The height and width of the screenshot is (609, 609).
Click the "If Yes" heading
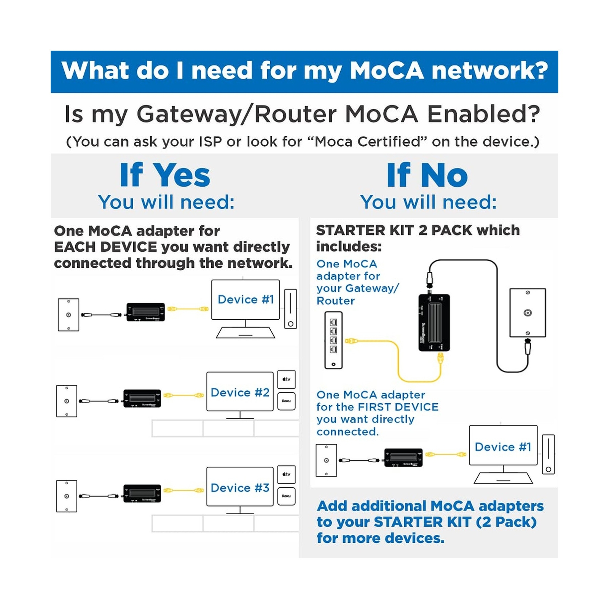click(x=165, y=175)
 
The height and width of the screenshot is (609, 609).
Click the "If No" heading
click(x=427, y=175)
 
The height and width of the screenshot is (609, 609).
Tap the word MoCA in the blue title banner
click(x=386, y=71)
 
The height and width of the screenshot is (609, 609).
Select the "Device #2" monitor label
click(x=240, y=392)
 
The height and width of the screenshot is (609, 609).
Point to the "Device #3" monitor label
click(x=240, y=488)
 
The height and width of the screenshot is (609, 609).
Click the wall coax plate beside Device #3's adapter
click(x=67, y=496)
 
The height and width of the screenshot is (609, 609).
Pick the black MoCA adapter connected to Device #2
click(x=142, y=399)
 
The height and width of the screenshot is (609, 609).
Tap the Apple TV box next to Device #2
click(x=286, y=379)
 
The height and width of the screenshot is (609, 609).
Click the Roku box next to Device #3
click(x=286, y=496)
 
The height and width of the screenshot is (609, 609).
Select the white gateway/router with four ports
click(x=333, y=340)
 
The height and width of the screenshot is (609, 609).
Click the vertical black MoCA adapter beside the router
click(x=434, y=322)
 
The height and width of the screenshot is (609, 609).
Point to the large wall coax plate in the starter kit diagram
click(x=528, y=313)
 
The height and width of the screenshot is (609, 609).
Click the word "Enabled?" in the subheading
click(x=483, y=114)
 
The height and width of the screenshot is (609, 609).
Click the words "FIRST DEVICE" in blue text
click(x=398, y=407)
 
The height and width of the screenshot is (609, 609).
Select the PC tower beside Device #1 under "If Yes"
click(x=290, y=309)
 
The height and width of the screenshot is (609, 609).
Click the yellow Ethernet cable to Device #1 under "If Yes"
click(x=188, y=309)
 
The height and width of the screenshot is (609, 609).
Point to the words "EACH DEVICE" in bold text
click(x=105, y=247)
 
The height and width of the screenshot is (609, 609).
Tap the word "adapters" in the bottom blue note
click(x=511, y=506)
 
